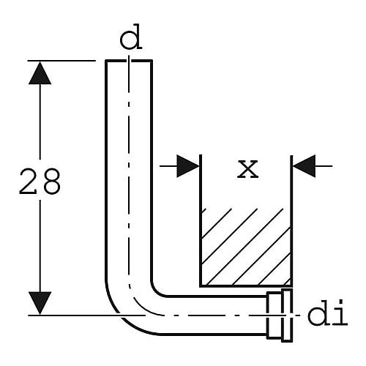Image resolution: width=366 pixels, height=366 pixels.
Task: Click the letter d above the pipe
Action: tap(131, 37)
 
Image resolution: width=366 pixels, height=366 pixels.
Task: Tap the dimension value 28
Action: tap(40, 182)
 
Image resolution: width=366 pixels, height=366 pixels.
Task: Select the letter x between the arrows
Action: tap(247, 169)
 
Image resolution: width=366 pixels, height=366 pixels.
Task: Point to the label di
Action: tap(327, 313)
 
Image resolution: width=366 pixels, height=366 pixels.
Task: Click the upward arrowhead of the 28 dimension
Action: tap(40, 73)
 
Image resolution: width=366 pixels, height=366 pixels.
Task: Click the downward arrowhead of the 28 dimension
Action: tap(40, 303)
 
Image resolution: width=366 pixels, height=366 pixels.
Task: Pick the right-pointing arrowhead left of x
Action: tap(188, 166)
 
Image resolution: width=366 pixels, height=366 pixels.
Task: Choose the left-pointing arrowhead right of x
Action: tap(304, 166)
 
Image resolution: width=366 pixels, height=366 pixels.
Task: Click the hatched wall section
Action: tap(246, 247)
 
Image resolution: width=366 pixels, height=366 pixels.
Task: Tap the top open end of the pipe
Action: tap(129, 61)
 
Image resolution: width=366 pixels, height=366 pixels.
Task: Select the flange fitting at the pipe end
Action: tap(280, 315)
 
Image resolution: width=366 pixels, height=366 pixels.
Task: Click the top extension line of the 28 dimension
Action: tap(61, 61)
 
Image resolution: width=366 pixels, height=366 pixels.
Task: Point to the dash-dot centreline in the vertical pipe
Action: tap(129, 171)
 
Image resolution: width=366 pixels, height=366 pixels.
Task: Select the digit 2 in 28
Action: tap(28, 182)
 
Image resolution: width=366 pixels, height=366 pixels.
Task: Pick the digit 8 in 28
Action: tap(51, 182)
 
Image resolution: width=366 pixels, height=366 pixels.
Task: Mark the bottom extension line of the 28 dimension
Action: tap(86, 315)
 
